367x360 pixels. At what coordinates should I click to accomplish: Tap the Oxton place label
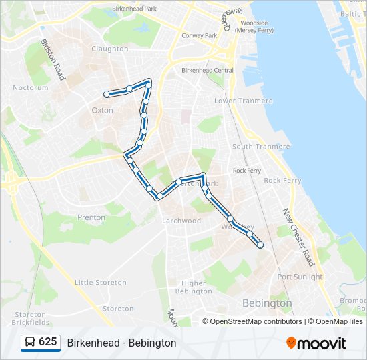pos(102,110)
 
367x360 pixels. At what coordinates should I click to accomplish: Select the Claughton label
pos(110,49)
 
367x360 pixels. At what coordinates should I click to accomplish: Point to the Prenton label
pos(91,217)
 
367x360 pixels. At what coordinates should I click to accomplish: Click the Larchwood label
pos(181,221)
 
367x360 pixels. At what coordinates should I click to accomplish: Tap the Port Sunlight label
pos(300,277)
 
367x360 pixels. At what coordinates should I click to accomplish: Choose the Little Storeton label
pos(100,283)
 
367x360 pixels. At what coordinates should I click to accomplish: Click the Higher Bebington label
pos(194,287)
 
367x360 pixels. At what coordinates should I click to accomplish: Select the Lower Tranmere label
pos(243,101)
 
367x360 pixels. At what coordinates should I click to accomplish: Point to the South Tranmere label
pos(261,147)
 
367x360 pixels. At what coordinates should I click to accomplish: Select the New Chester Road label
pos(298,237)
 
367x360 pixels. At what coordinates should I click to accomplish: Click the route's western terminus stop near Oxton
pos(107,94)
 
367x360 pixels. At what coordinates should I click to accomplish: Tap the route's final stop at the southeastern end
pos(260,245)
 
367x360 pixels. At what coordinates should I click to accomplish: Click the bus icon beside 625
pos(31,343)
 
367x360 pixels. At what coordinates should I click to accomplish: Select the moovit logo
pos(316,343)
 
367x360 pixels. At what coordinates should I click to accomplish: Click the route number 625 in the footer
pos(48,342)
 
